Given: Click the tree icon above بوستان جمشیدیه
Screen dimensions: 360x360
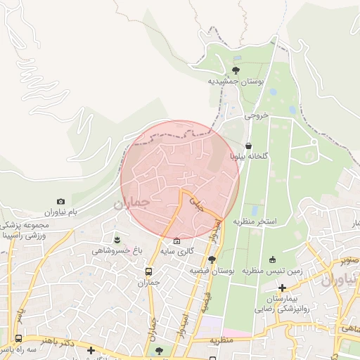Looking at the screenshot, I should (x=235, y=70).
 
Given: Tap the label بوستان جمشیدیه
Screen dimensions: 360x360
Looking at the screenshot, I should (x=236, y=82).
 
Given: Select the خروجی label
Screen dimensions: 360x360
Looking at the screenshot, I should (x=257, y=117).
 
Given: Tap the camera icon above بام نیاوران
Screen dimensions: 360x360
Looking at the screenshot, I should (x=60, y=202).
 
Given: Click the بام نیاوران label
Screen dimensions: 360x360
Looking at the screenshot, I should (x=60, y=212).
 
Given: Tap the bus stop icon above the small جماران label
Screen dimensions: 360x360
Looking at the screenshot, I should (x=148, y=271).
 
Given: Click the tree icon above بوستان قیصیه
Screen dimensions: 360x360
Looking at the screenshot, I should (x=211, y=259).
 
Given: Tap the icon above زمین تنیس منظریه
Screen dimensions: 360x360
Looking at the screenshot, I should (x=273, y=259).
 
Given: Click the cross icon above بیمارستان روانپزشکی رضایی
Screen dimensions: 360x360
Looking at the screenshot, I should (x=282, y=288).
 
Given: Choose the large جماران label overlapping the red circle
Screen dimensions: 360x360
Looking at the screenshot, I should (x=131, y=202).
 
